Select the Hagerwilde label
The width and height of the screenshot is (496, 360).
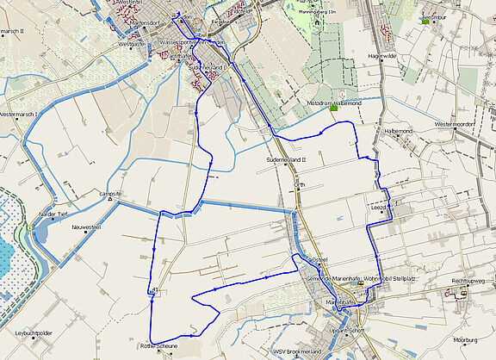[381, 55]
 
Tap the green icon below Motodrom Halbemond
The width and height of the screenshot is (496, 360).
[333, 108]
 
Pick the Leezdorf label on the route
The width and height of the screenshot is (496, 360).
[381, 208]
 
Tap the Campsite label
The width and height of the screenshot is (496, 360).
[109, 194]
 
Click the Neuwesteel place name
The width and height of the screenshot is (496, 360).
[87, 227]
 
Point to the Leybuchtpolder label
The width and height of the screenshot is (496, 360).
[34, 331]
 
